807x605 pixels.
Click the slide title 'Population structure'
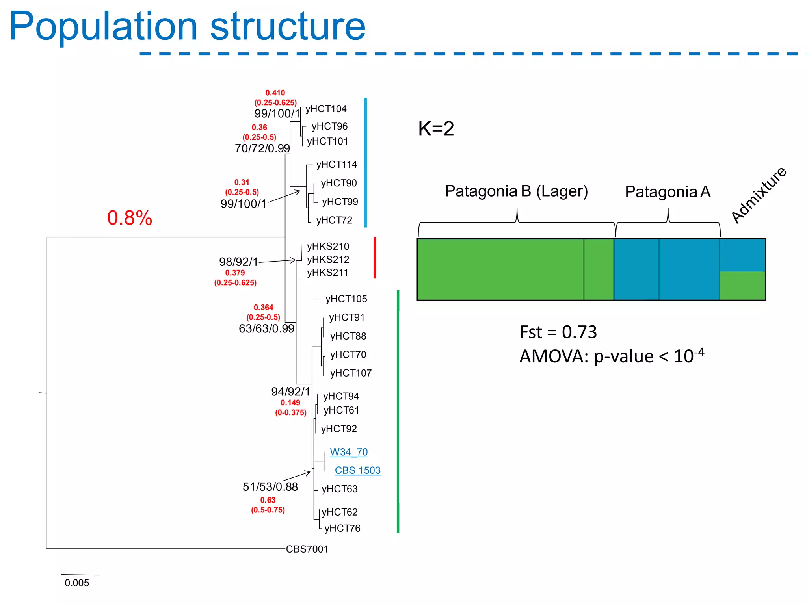point(187,27)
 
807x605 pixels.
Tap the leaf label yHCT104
point(326,109)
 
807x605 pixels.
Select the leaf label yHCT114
point(337,165)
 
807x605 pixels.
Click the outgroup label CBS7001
point(307,549)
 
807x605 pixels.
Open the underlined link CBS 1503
point(357,470)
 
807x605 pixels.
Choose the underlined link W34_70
point(349,452)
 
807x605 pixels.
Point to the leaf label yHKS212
point(328,260)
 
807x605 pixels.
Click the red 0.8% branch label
point(130,218)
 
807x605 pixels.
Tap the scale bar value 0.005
point(77,583)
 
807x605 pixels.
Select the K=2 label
point(436,129)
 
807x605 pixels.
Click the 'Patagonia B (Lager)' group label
point(516,191)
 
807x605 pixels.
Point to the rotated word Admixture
point(759,195)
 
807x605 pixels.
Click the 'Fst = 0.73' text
point(558,332)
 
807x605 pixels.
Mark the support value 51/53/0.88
point(270,487)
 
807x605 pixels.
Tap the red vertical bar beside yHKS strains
point(375,258)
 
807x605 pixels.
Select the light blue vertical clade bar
point(366,162)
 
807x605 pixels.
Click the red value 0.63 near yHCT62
point(268,500)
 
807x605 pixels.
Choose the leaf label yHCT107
point(351,373)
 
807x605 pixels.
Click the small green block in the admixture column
point(742,286)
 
